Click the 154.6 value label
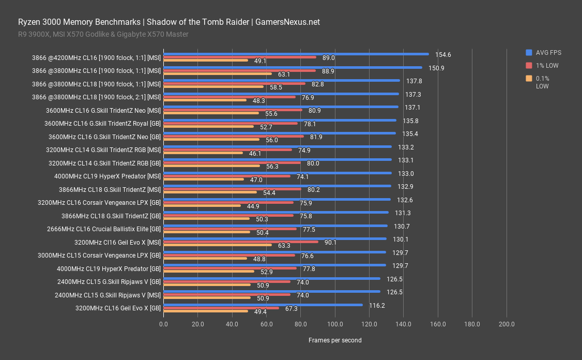tap(443, 54)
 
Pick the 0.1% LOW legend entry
tap(542, 82)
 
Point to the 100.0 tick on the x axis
tap(335, 324)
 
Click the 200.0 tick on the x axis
tap(506, 324)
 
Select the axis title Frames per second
tap(335, 340)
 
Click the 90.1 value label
tap(330, 242)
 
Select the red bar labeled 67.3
tap(221, 308)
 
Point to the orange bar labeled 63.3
tap(217, 245)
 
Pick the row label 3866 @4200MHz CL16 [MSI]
tap(96, 57)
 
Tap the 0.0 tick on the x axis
tap(163, 324)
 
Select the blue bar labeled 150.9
tap(293, 67)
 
